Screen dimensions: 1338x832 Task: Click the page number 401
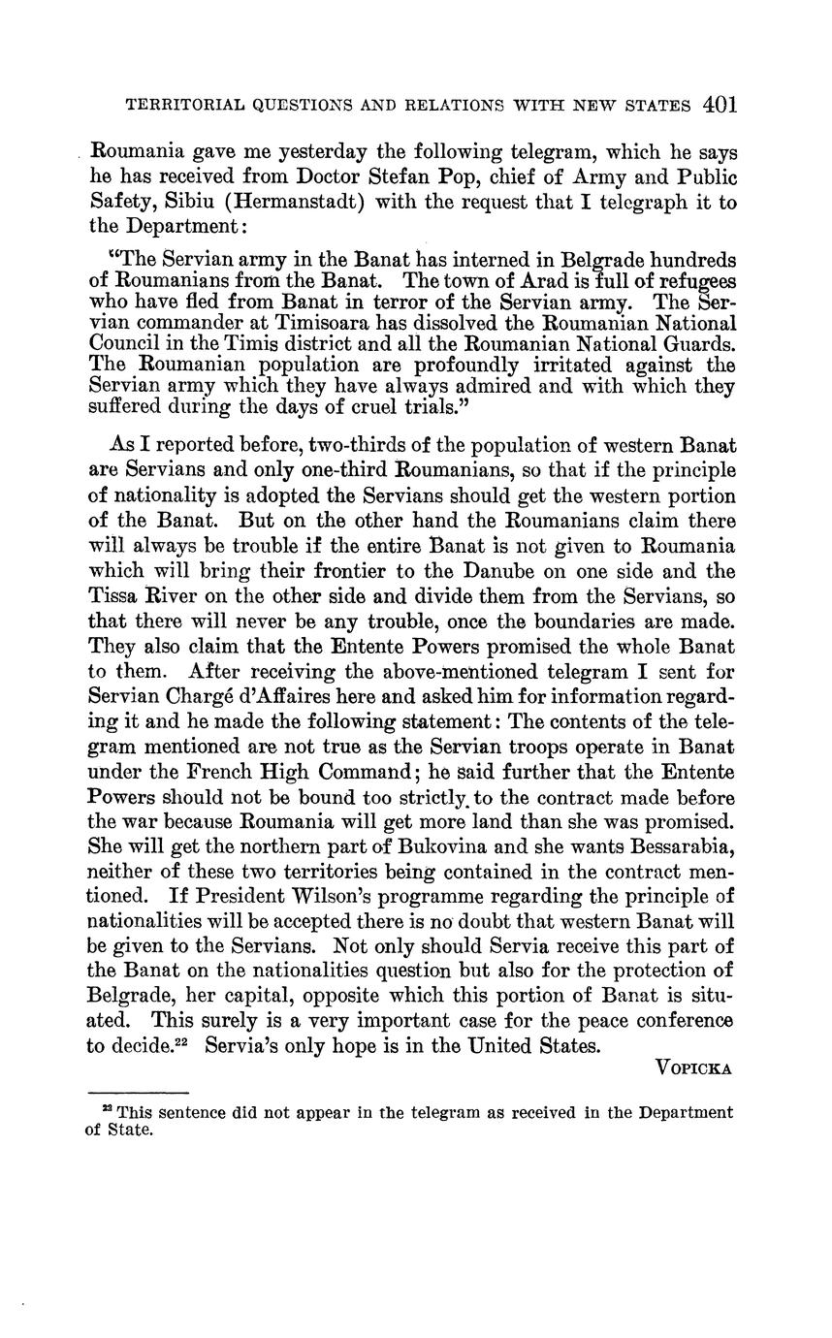(x=721, y=105)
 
